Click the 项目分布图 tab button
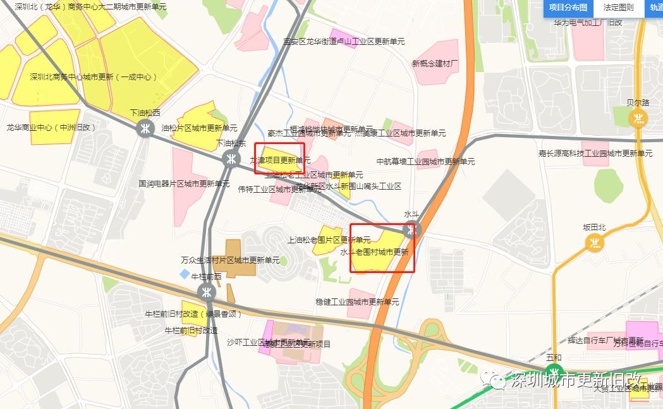(568, 8)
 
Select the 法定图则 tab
(618, 8)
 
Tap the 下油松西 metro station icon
(145, 128)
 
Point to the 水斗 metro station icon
(412, 230)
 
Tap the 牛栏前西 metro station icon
(206, 291)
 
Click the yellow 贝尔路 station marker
(639, 118)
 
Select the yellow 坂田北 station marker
(594, 242)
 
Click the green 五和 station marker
(554, 372)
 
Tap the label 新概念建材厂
(435, 63)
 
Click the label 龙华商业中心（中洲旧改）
(51, 127)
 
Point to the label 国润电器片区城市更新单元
(184, 184)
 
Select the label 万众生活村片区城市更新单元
(230, 260)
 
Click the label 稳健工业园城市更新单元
(357, 302)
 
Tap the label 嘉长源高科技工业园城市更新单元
(595, 154)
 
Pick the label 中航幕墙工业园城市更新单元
(425, 161)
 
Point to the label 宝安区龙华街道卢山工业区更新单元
(344, 41)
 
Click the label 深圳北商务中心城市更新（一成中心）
(94, 76)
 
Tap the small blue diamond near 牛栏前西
(185, 274)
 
